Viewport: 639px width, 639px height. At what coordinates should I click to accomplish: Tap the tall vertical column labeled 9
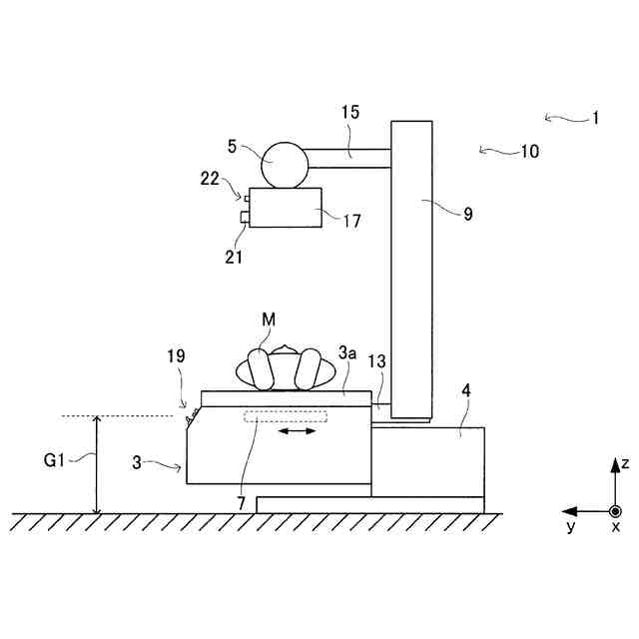point(411,268)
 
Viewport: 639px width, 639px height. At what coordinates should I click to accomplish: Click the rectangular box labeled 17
point(286,208)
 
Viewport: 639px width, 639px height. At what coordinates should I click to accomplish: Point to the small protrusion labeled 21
point(245,218)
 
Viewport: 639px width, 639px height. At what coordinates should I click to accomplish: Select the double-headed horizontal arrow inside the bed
point(298,432)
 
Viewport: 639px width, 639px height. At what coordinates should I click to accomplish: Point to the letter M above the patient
point(269,319)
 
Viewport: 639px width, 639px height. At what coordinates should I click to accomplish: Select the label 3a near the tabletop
point(347,353)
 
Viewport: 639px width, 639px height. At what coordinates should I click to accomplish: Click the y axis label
point(570,526)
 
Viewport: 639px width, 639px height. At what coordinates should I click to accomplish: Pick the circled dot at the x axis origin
point(615,511)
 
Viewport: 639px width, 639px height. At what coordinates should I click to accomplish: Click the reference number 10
point(528,152)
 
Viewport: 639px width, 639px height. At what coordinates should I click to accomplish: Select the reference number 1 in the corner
point(595,117)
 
